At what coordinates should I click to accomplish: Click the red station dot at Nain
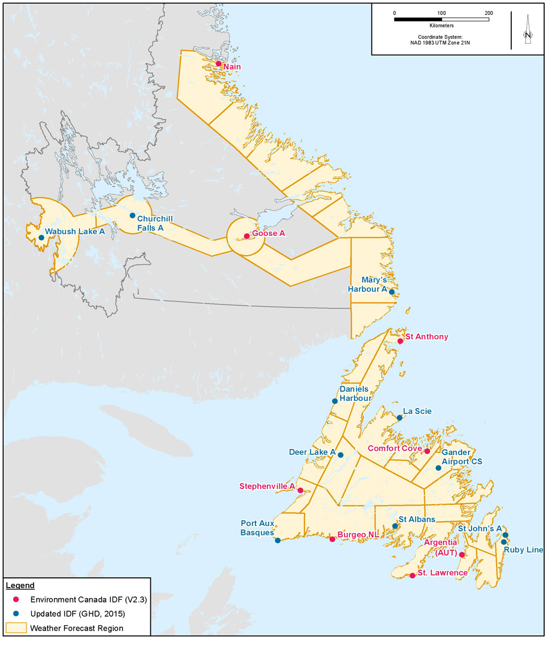[218, 64]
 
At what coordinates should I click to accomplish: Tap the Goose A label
[269, 233]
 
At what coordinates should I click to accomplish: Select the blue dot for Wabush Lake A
[41, 238]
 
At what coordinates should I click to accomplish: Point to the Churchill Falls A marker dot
[132, 215]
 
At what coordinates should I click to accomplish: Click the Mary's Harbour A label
[367, 285]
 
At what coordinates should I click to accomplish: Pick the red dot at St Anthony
[400, 341]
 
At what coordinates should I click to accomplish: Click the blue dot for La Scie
[400, 418]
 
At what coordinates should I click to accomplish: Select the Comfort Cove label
[395, 448]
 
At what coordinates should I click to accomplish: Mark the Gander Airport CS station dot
[438, 468]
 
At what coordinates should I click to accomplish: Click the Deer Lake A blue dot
[341, 455]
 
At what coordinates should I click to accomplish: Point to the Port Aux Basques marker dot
[278, 541]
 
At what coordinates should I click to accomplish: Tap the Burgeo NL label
[358, 535]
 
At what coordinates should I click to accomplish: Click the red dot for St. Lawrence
[412, 575]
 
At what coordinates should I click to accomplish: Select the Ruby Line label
[523, 550]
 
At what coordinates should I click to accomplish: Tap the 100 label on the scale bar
[441, 13]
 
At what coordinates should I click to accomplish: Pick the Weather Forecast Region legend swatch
[16, 628]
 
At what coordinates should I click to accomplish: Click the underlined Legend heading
[20, 586]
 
